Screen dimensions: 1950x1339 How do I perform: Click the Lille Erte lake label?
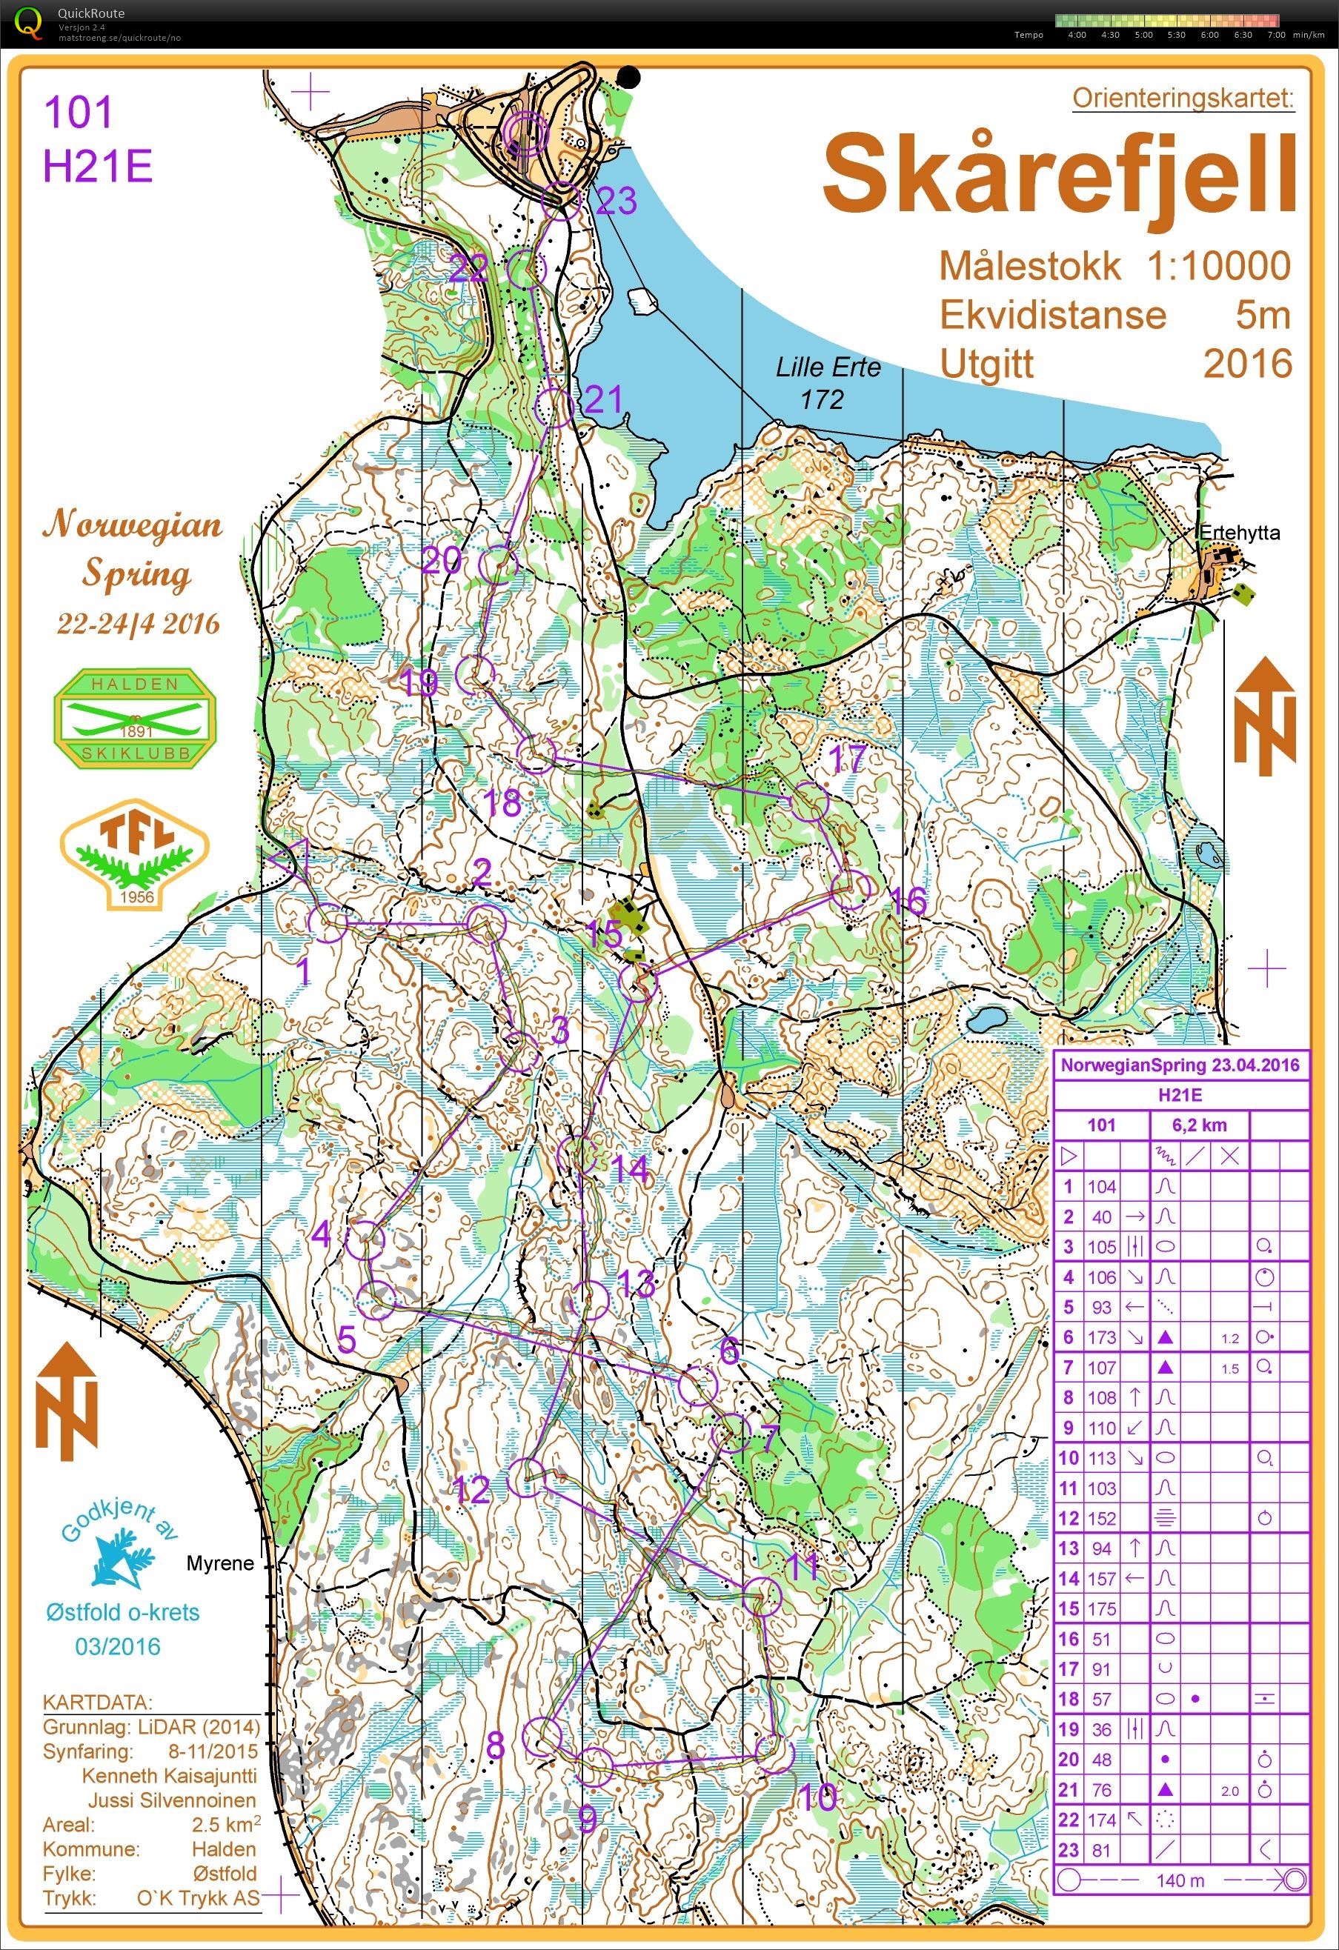point(827,367)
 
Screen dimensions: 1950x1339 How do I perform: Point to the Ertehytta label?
point(1239,532)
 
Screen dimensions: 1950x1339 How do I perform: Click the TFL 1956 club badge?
point(135,853)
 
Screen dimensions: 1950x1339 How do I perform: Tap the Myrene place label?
point(220,1563)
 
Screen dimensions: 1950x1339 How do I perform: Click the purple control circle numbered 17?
point(810,802)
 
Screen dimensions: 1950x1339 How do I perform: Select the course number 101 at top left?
point(78,113)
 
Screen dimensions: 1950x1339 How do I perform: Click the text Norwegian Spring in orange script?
point(134,549)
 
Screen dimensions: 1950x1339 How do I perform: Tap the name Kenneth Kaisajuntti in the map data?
point(170,1777)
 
